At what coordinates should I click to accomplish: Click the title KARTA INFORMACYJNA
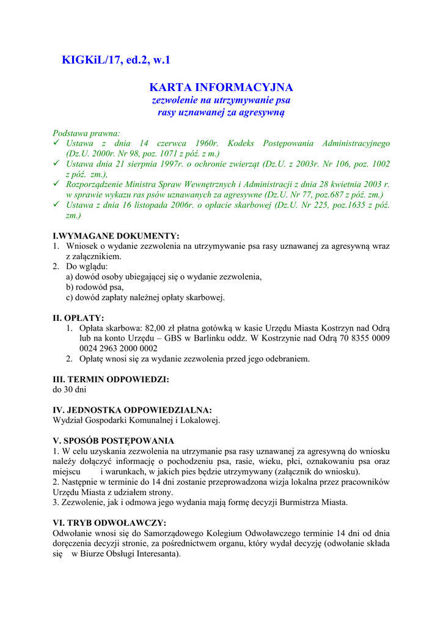221,87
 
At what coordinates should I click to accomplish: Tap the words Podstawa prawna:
86,133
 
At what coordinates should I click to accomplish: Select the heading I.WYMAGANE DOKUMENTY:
116,235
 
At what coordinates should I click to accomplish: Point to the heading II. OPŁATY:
78,318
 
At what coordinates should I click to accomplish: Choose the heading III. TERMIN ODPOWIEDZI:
111,379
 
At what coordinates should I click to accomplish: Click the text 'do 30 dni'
70,389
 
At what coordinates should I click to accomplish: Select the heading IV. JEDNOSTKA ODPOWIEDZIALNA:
133,410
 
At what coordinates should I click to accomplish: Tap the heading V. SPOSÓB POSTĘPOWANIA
114,440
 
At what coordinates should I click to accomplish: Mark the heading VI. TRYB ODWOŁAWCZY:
110,523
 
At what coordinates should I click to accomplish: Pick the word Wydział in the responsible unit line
69,420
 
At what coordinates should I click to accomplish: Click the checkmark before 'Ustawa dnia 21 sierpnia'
57,164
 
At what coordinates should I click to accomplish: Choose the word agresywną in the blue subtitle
261,112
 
